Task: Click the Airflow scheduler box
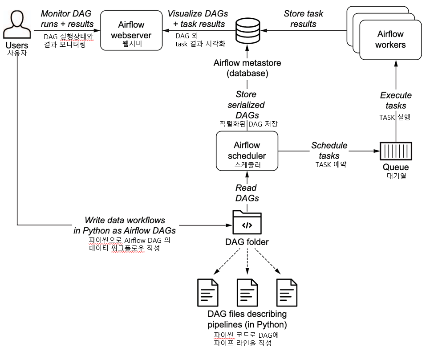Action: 247,153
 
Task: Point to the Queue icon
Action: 395,151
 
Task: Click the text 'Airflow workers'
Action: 390,39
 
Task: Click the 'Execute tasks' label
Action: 395,100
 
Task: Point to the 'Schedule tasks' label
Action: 329,151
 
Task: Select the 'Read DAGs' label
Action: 247,193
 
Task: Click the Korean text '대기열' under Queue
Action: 395,176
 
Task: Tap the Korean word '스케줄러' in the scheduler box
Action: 247,164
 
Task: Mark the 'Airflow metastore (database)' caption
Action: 247,68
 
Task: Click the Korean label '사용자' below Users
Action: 16,53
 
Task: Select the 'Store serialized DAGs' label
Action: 247,105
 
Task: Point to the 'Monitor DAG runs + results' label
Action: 67,18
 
